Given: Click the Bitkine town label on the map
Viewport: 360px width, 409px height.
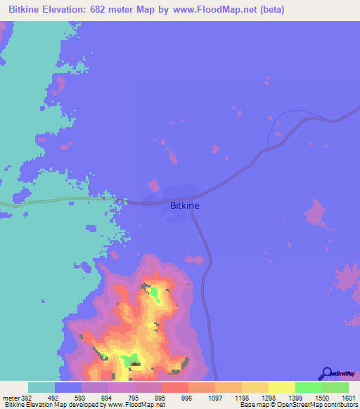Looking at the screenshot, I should (x=185, y=205).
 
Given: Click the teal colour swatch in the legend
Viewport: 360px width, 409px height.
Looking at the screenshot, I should (x=41, y=387).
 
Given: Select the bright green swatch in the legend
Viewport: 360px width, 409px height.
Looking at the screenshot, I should (x=309, y=387).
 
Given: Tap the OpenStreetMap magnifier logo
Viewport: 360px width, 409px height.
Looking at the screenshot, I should (x=326, y=373).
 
